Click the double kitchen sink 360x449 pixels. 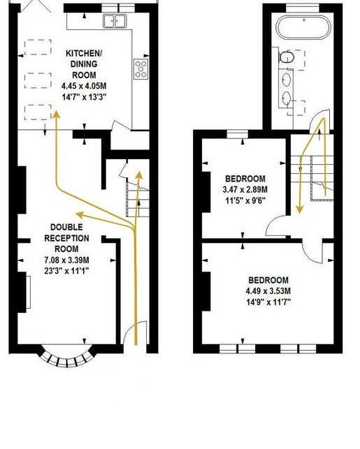tap(114, 21)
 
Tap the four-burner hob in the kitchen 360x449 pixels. tap(141, 68)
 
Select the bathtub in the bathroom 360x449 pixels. tap(307, 29)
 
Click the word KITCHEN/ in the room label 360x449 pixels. tap(85, 54)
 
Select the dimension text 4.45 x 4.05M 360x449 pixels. tap(85, 86)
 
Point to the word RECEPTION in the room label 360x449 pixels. tap(67, 239)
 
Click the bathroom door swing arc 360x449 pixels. tap(319, 122)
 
